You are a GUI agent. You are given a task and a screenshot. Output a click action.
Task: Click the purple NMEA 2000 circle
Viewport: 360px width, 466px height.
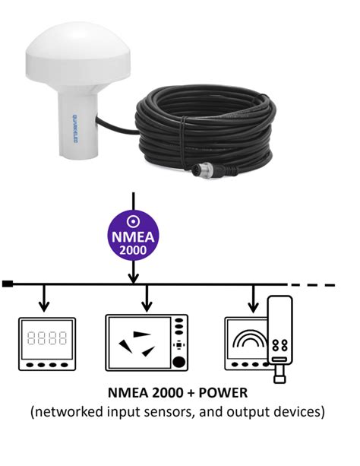(133, 236)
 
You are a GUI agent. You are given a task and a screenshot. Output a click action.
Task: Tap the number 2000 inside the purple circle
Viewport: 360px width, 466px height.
(133, 252)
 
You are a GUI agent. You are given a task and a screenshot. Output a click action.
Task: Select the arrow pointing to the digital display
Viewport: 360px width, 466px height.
(44, 297)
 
